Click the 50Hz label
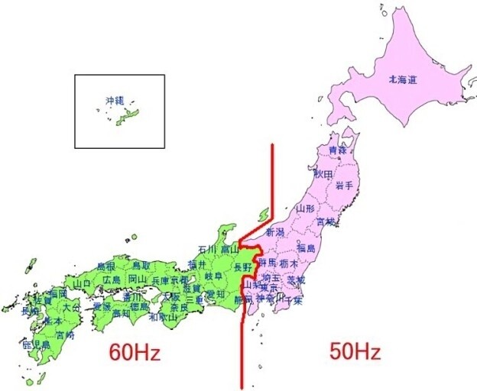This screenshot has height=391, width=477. click(x=355, y=352)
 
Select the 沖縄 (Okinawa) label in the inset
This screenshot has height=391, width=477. click(x=114, y=101)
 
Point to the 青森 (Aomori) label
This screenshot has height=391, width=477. click(x=337, y=150)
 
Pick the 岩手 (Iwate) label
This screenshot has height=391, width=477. click(x=344, y=186)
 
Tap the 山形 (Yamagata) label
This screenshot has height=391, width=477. click(x=305, y=208)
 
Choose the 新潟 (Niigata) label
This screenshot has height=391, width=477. click(x=275, y=231)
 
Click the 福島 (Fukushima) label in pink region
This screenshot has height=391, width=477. click(x=306, y=247)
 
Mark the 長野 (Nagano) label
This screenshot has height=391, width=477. click(x=242, y=267)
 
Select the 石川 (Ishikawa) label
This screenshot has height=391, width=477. click(x=207, y=249)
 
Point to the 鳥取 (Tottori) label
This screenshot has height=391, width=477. click(x=141, y=265)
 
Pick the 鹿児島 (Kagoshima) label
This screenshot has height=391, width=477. click(x=37, y=345)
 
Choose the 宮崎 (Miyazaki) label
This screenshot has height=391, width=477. click(x=65, y=334)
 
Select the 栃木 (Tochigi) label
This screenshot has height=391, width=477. click(x=288, y=263)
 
